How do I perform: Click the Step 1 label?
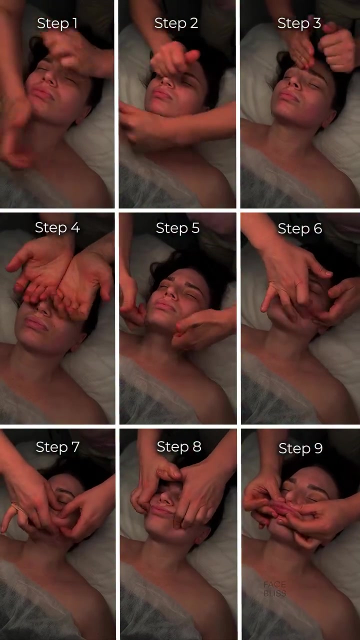57,23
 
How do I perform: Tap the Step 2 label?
176,23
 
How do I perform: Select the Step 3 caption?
299,23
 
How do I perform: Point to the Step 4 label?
57,227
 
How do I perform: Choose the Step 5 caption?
177,228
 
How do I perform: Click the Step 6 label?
300,228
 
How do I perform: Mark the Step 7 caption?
57,447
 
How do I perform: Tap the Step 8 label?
179,446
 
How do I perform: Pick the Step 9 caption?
300,448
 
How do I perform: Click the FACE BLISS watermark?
274,589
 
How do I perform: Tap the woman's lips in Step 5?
165,306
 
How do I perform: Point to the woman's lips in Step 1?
42,94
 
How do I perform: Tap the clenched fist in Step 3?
337,50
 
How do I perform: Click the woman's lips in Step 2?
161,94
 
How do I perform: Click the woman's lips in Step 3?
288,96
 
